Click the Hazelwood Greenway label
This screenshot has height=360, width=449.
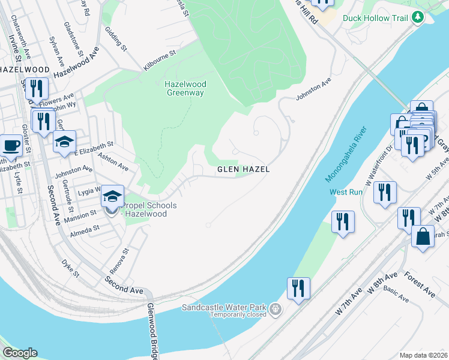point(185,88)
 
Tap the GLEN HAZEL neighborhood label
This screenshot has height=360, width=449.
point(243,170)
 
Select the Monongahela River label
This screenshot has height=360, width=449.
point(346,154)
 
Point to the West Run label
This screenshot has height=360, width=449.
point(346,192)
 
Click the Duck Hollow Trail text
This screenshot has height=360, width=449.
point(374,17)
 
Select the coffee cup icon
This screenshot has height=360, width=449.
point(11,146)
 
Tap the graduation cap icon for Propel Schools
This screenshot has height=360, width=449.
point(112,196)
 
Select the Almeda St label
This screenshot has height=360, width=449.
point(84,229)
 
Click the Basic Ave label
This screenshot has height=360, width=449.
point(396,295)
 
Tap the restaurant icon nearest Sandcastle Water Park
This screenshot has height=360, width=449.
point(298,288)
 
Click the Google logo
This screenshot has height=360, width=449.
point(20,353)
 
